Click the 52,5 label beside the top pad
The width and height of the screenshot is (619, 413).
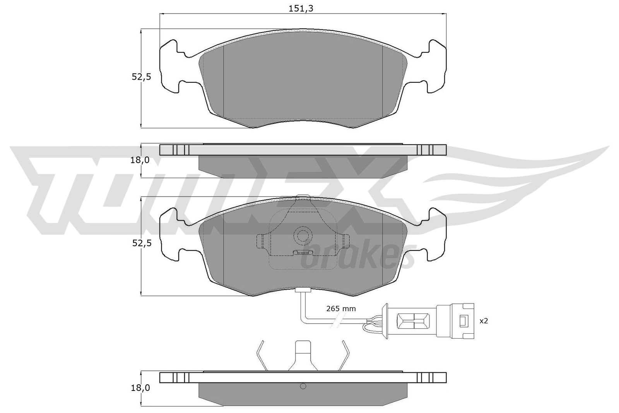click(x=141, y=77)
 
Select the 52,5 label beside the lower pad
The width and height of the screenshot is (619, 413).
click(x=141, y=243)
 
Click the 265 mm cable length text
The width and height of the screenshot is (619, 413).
click(x=341, y=308)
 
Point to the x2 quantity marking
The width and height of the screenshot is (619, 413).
click(x=484, y=321)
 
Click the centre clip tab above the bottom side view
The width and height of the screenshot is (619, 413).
click(x=303, y=355)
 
